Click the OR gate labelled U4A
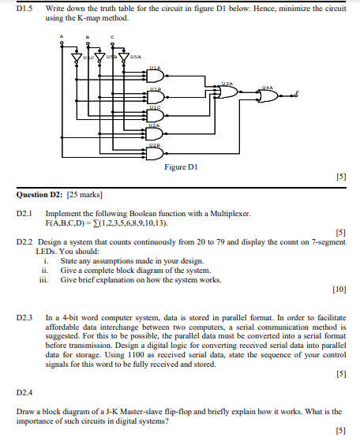tap(268, 96)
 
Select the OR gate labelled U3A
tap(227, 91)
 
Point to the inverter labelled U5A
tap(122, 58)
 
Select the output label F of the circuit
tap(297, 92)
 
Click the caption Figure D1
tap(180, 168)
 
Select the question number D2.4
tap(24, 391)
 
